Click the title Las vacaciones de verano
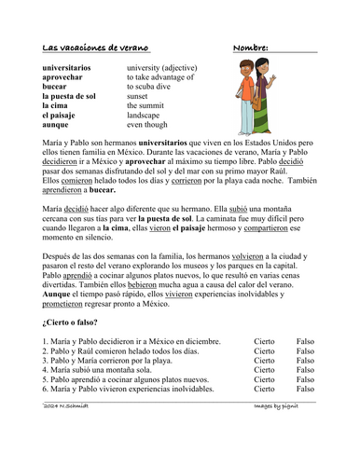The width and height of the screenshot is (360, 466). pos(102,46)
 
